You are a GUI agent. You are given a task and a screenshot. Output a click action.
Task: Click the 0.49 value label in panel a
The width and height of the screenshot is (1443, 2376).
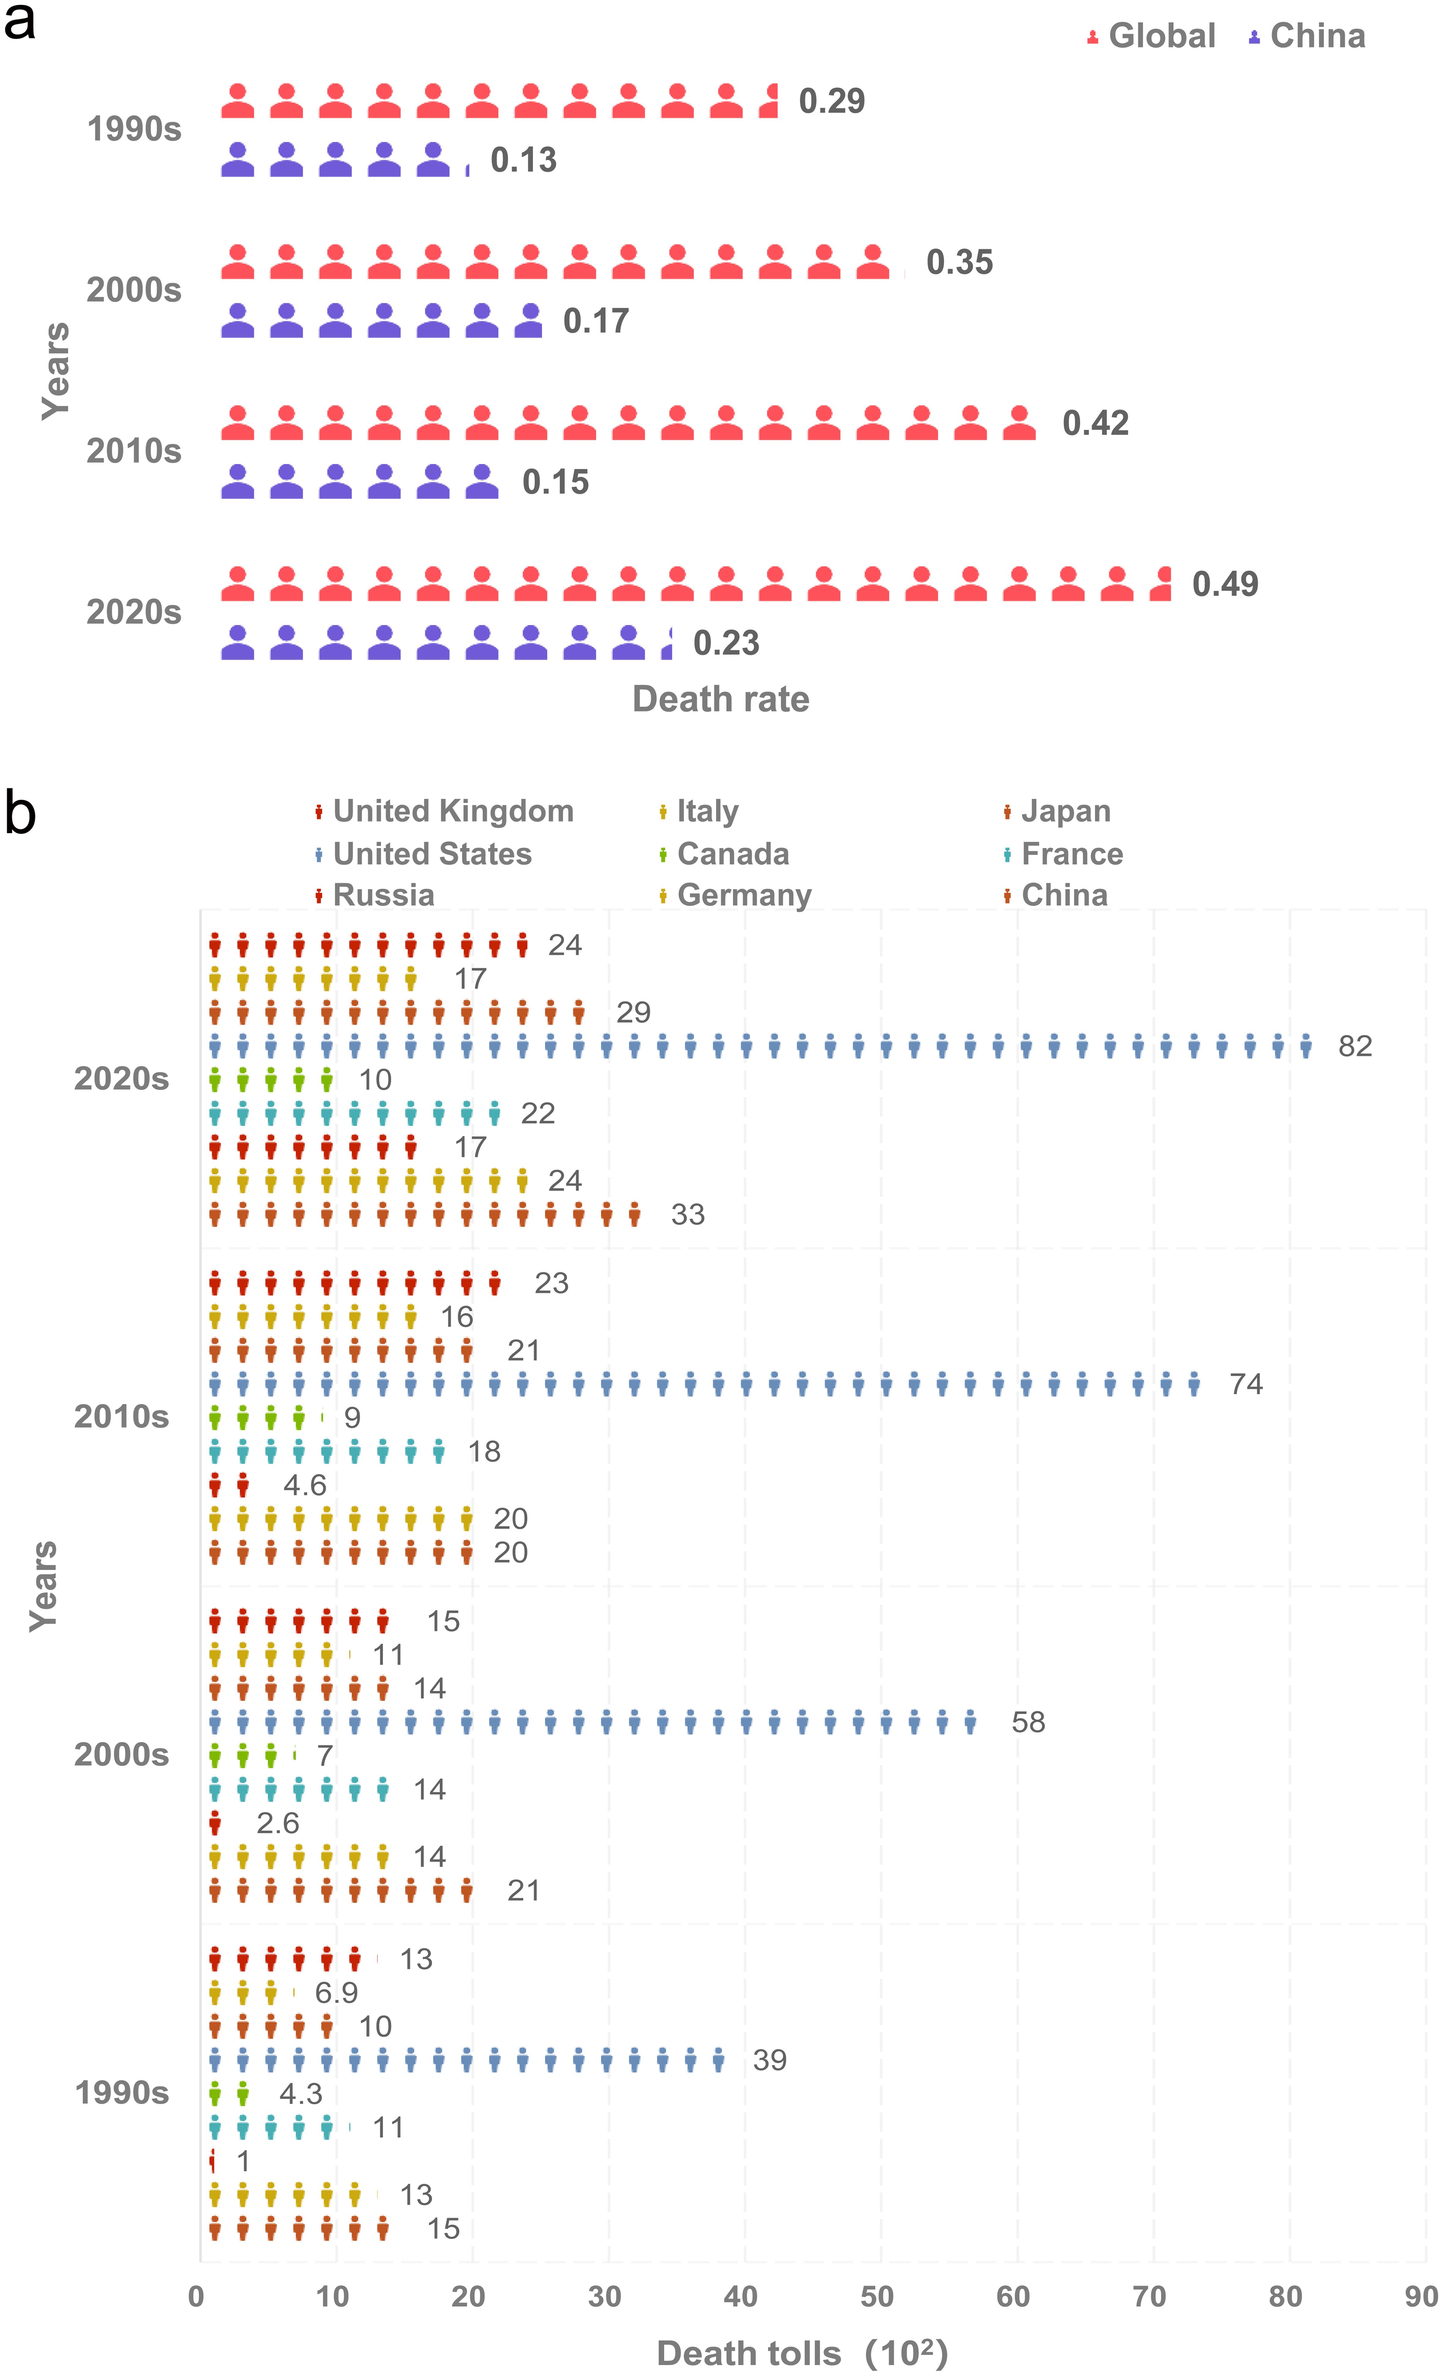[1225, 584]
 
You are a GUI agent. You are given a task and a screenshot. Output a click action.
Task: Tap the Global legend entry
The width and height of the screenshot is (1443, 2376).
[1160, 37]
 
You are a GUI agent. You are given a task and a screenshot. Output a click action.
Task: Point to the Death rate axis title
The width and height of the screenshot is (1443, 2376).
[721, 699]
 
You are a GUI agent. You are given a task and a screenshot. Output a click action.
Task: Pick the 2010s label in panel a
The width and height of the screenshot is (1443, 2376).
[134, 451]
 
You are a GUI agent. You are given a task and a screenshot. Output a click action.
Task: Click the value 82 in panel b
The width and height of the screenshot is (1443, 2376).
[1354, 1046]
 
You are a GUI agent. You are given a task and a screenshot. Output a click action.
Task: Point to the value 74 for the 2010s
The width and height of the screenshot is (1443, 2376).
[1245, 1385]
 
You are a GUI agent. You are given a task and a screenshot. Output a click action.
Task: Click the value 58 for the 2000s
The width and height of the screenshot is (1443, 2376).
[1027, 1722]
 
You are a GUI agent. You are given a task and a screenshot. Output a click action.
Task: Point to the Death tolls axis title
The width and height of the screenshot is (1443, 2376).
[802, 2354]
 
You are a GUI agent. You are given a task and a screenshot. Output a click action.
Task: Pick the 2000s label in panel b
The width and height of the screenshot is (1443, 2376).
[122, 1755]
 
